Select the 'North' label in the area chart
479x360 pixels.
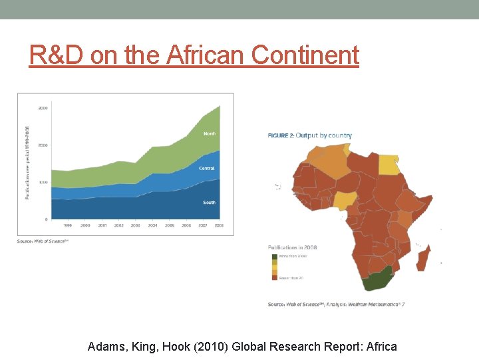210,133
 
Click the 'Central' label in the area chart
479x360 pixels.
207,169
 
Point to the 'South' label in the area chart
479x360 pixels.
210,202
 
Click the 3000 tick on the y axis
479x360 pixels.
43,107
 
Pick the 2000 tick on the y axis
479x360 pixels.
43,145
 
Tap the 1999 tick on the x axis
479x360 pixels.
68,226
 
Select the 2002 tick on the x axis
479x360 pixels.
119,226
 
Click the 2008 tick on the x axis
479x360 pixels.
220,226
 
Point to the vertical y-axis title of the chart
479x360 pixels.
27,161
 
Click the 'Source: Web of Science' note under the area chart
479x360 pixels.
43,241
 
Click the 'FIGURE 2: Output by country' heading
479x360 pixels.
309,135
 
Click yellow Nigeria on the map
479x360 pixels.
345,201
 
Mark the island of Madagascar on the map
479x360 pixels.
423,257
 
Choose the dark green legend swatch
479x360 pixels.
273,256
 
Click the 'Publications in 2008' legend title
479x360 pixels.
292,247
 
